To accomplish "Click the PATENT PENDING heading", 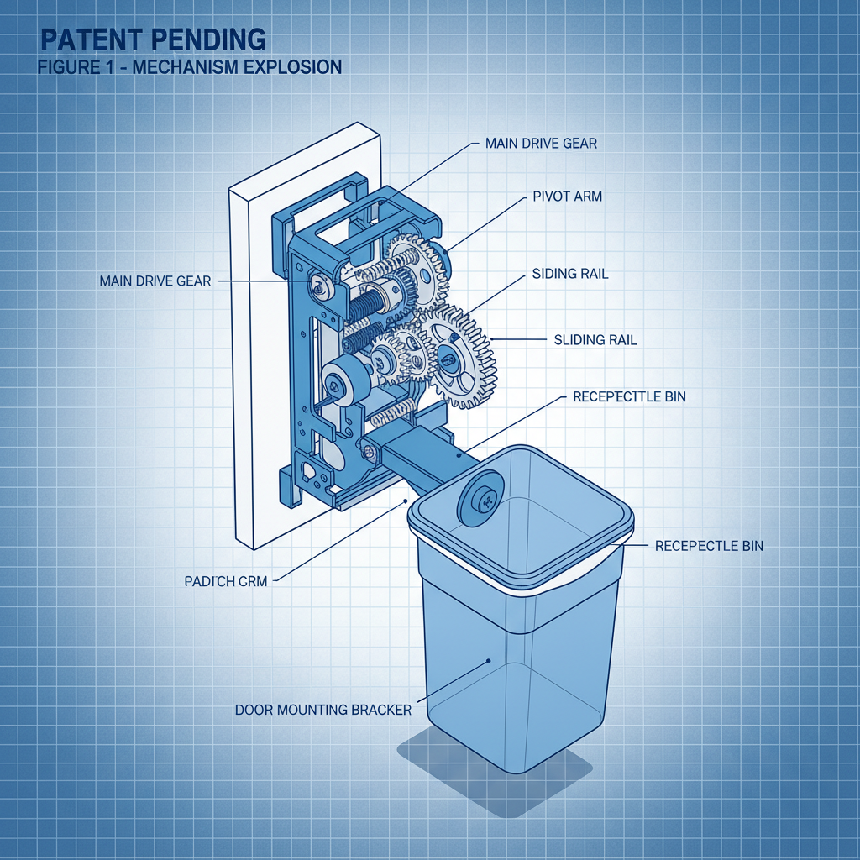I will click(152, 39).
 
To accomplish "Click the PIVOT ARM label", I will click(567, 197).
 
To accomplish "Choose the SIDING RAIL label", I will click(569, 274).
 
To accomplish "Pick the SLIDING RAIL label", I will click(595, 339).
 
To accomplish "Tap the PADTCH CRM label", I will click(225, 580).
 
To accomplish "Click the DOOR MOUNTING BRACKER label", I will click(323, 710).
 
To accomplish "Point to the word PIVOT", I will click(551, 197).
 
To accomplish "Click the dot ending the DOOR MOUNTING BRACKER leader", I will click(488, 661).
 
